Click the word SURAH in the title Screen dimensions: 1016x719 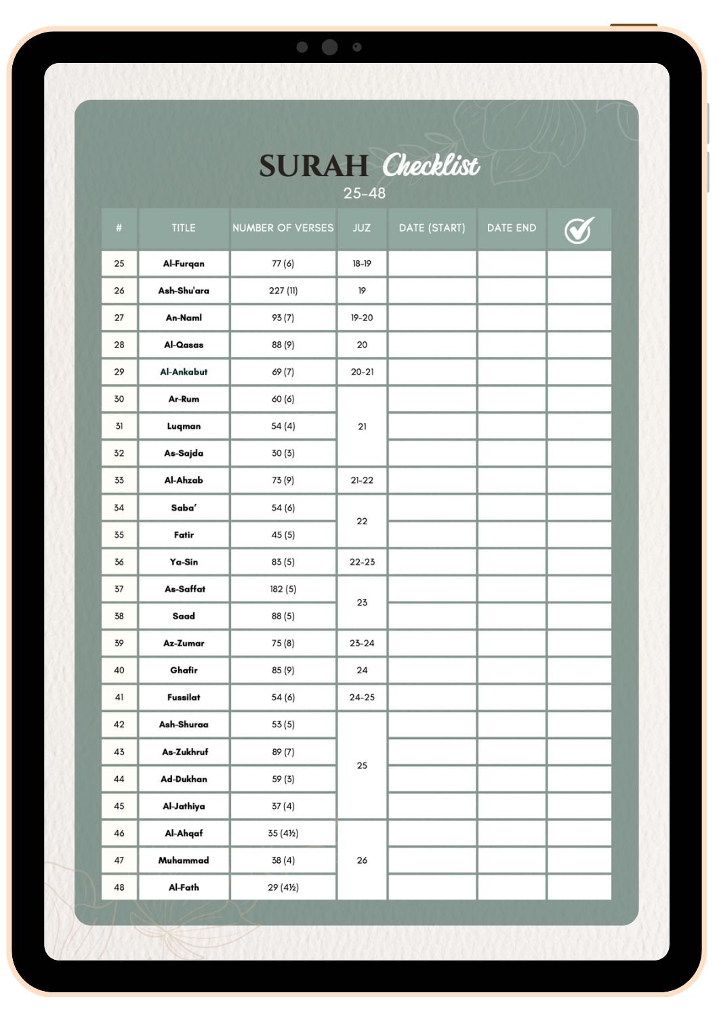click(313, 166)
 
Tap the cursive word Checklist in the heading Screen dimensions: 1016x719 click(431, 166)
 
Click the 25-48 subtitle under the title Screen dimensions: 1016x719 click(364, 194)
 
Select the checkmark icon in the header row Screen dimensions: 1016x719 click(579, 230)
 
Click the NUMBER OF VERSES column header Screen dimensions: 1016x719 click(283, 228)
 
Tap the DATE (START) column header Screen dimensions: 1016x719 click(432, 228)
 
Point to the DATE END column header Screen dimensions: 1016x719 click(511, 228)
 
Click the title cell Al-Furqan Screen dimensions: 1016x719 click(184, 263)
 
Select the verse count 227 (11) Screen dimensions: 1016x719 click(283, 291)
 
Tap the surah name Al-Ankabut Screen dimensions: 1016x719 click(184, 372)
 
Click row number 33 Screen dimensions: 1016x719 click(119, 480)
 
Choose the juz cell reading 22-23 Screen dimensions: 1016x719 click(362, 562)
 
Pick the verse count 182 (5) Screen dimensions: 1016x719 click(283, 589)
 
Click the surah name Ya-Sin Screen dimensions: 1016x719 click(184, 562)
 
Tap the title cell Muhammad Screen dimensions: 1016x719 click(184, 860)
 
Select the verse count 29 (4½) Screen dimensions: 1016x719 click(283, 887)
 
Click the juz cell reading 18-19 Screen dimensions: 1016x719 click(362, 263)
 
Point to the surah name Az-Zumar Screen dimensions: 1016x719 click(184, 643)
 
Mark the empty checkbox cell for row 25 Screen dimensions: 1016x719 click(579, 263)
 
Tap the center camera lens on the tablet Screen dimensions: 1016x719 click(329, 47)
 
